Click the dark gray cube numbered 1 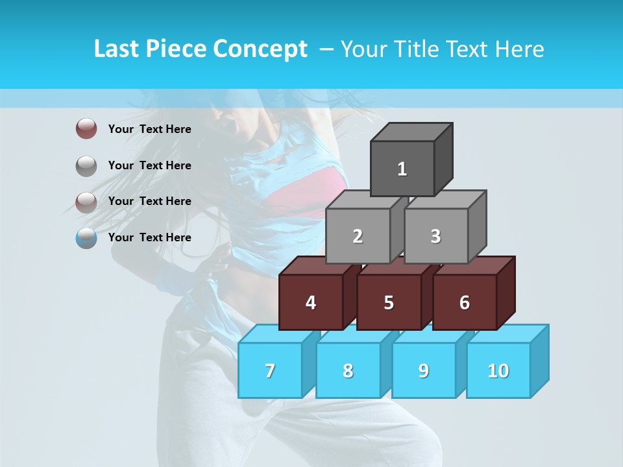coord(402,169)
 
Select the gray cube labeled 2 coord(358,236)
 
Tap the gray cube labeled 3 coord(435,236)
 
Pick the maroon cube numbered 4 coord(311,302)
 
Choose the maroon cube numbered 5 coord(389,302)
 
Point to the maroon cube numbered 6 coord(465,302)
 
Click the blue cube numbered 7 coord(270,370)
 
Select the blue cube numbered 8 coord(348,370)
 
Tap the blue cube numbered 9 coord(424,370)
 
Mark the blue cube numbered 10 coord(498,370)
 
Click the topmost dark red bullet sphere coord(86,128)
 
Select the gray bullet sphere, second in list coord(86,165)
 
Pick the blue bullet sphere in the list coord(86,237)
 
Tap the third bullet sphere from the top coord(86,202)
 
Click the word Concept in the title coord(260,49)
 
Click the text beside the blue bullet coord(150,237)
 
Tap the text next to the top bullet coord(150,129)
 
